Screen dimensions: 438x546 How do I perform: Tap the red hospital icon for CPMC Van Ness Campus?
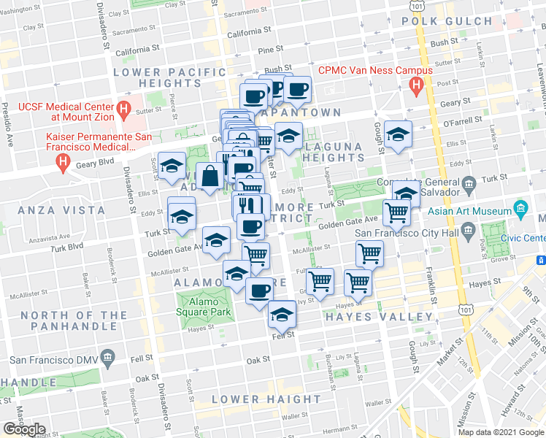click(x=417, y=87)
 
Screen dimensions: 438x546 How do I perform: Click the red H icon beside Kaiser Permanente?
click(x=64, y=162)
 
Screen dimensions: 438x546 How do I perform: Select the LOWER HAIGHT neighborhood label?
click(x=266, y=399)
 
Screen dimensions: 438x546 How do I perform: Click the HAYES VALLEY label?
click(x=378, y=317)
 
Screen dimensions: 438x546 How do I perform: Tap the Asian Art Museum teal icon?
click(x=520, y=207)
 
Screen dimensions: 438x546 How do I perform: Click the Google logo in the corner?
click(x=23, y=429)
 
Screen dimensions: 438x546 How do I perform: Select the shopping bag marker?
click(x=210, y=176)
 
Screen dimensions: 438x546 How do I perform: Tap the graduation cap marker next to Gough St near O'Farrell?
click(x=398, y=134)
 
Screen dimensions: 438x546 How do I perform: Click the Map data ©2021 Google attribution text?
click(x=500, y=431)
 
